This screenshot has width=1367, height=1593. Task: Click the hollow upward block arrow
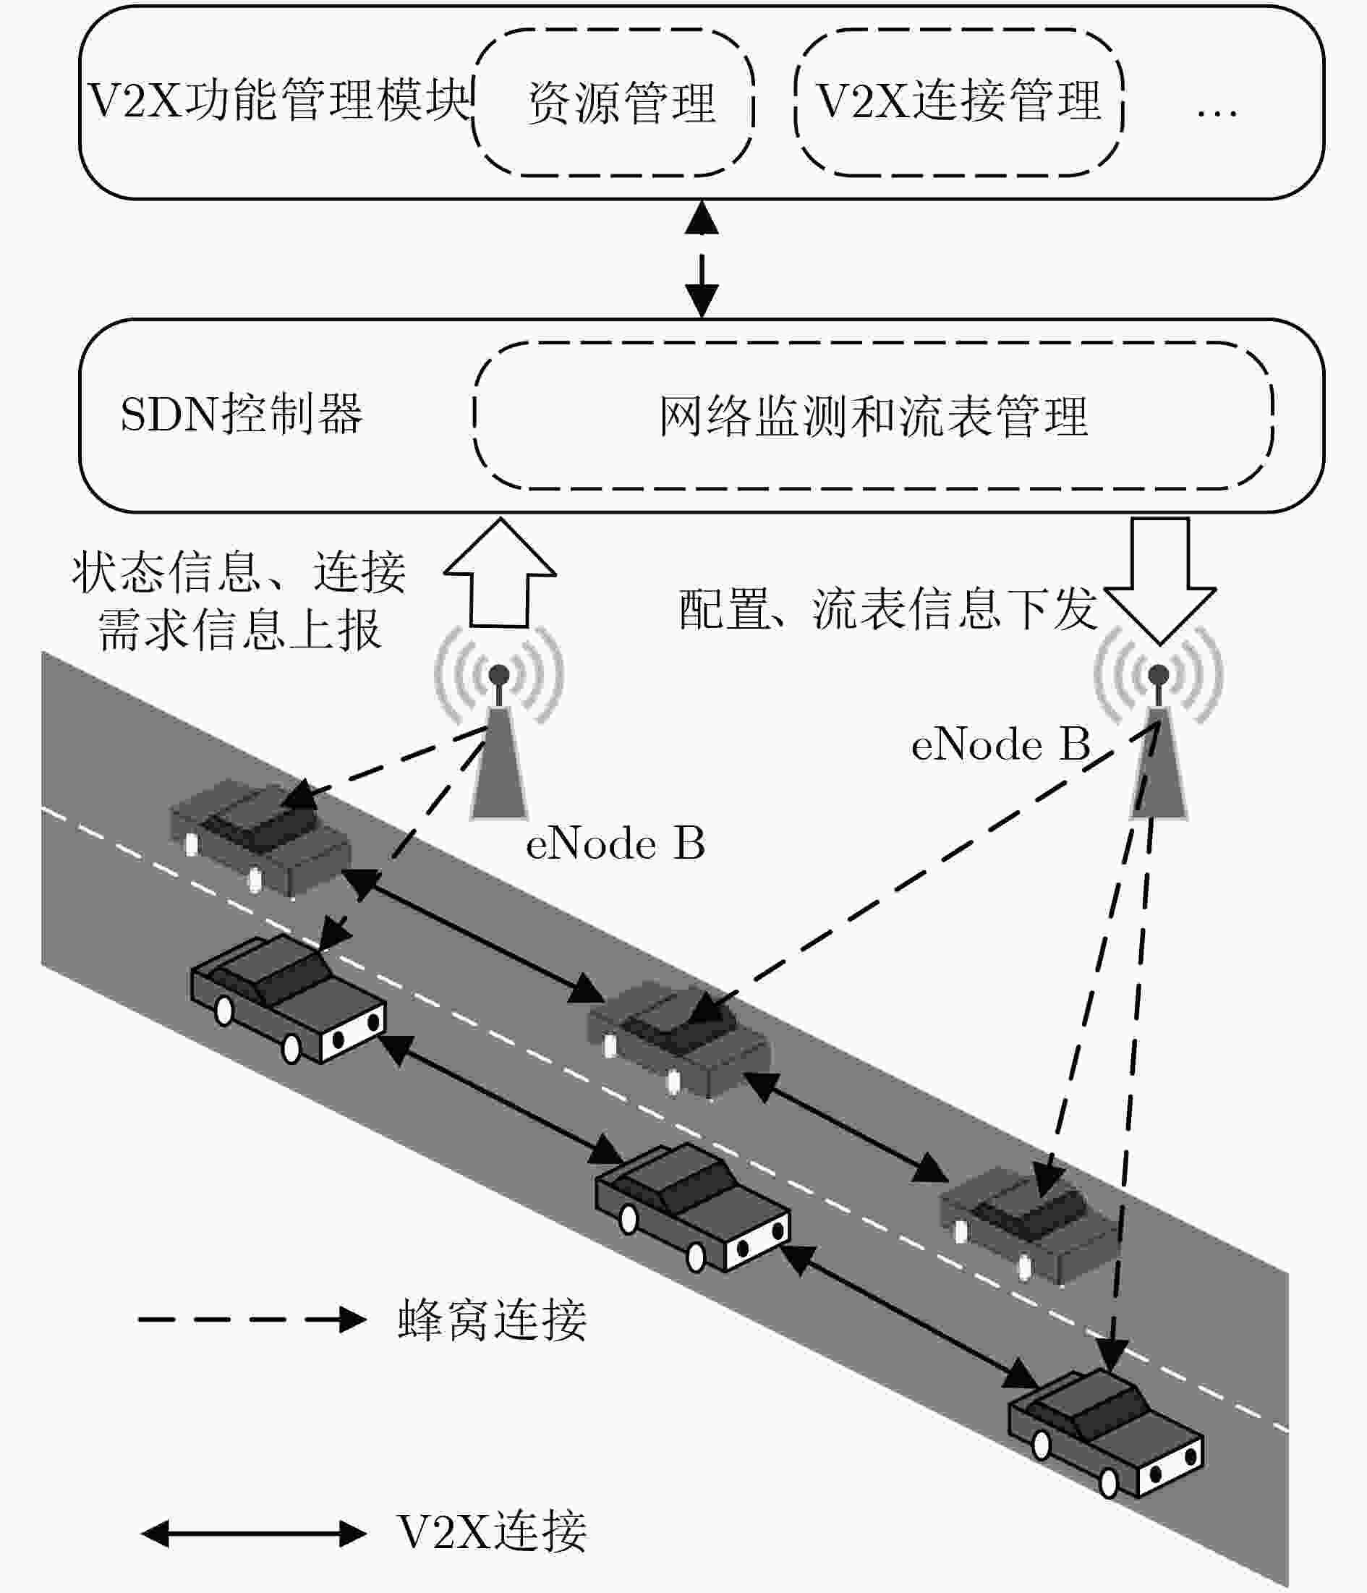500,574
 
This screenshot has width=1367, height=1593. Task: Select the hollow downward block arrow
1160,580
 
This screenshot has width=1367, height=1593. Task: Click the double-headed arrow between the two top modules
702,259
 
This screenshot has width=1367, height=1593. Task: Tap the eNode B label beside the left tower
615,844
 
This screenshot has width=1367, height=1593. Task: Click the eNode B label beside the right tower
1000,744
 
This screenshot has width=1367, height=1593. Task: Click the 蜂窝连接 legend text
492,1320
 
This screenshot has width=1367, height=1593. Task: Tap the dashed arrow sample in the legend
252,1320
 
